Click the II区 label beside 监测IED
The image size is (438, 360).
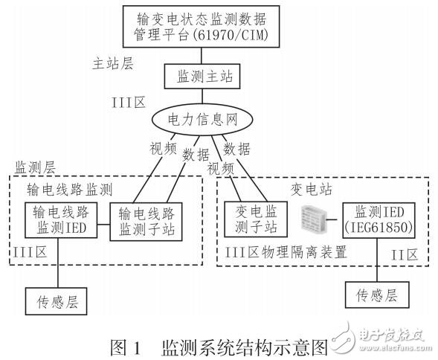406,253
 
